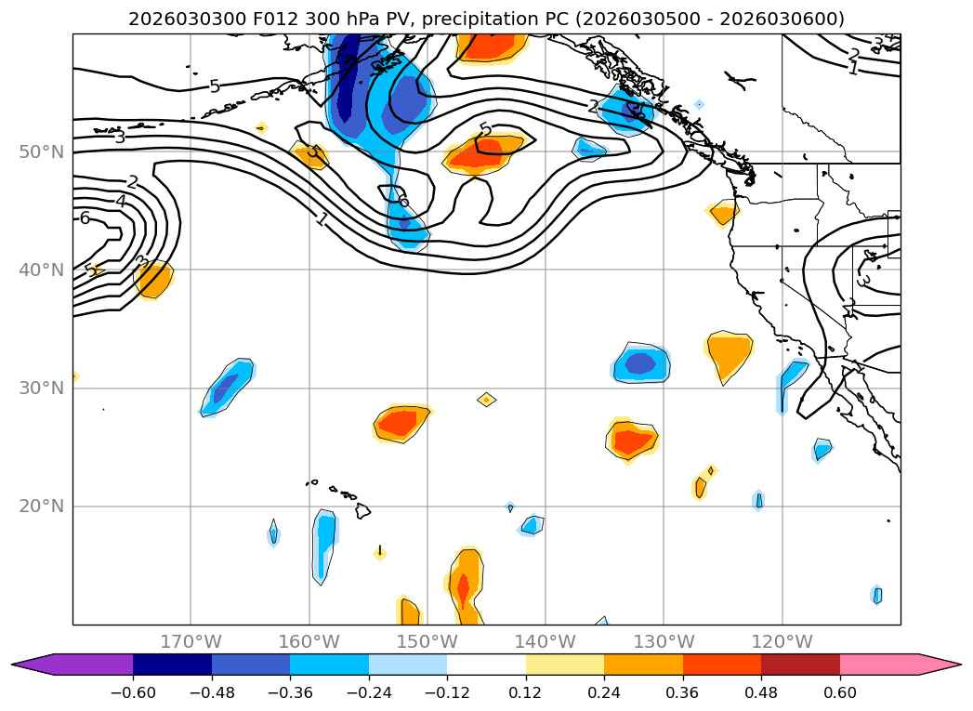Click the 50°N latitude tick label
click(x=41, y=151)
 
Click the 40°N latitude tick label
click(x=41, y=270)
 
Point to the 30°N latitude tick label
click(x=41, y=388)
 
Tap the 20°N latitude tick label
click(x=41, y=507)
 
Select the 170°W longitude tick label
click(x=191, y=641)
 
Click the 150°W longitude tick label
click(x=427, y=641)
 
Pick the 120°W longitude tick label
click(x=782, y=641)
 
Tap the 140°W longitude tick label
click(x=545, y=641)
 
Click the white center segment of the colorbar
click(x=486, y=664)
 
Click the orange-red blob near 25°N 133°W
click(x=632, y=439)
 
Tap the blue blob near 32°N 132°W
click(x=641, y=363)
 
